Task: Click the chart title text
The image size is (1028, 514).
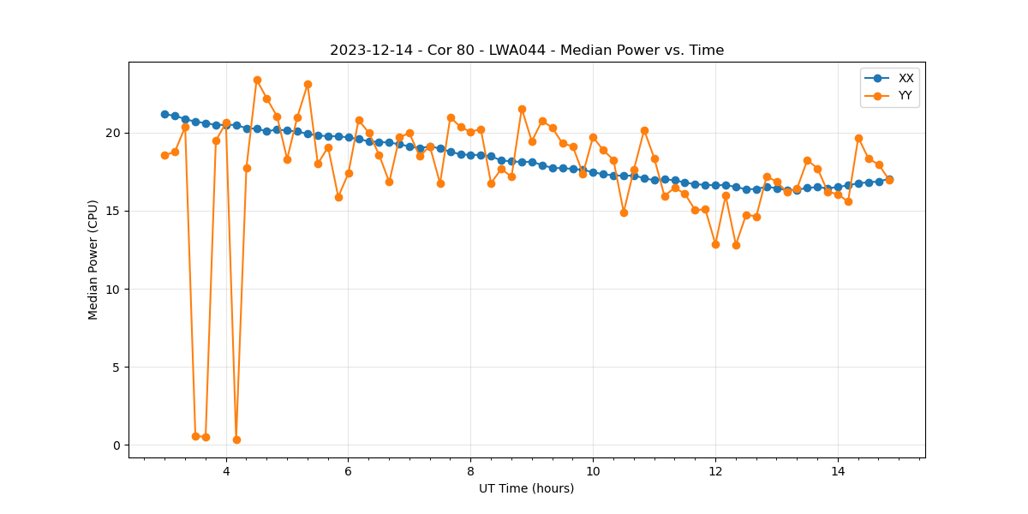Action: point(527,51)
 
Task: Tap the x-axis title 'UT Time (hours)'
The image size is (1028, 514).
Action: point(526,488)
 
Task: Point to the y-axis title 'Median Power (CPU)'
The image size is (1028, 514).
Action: point(93,260)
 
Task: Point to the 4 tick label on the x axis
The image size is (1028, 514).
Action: point(226,470)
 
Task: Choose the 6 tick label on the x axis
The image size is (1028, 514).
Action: point(348,470)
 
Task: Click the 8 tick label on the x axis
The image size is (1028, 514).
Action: point(470,470)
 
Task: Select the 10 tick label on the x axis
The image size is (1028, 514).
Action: point(593,470)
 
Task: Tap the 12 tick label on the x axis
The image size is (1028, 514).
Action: point(715,470)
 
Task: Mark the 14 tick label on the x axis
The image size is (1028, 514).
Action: point(838,470)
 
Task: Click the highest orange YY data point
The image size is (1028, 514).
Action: point(257,80)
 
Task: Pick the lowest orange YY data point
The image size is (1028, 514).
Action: point(236,439)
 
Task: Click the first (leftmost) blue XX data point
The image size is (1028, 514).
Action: point(164,114)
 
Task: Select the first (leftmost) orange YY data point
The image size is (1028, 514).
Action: point(164,155)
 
